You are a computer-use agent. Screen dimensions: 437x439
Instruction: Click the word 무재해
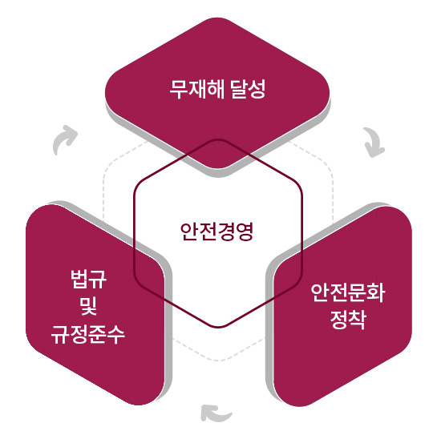(197, 89)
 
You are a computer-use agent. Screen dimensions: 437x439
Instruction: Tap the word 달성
(249, 89)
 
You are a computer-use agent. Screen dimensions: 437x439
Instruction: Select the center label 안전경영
(216, 232)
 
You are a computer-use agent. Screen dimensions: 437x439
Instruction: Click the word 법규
(88, 279)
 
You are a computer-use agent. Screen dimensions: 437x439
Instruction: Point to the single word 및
(88, 307)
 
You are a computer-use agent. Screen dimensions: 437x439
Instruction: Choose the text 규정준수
(87, 334)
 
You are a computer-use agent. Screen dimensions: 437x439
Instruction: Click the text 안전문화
(347, 292)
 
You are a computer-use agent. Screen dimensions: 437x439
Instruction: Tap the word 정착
(348, 320)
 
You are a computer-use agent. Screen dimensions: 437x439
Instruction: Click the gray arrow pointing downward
(374, 142)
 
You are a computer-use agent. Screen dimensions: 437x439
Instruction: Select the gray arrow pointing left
(215, 413)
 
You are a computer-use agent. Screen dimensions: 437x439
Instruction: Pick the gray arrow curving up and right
(65, 139)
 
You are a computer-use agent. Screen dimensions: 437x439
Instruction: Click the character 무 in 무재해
(179, 89)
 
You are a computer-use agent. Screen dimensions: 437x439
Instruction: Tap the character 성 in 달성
(257, 89)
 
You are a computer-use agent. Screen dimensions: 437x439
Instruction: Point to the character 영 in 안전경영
(244, 232)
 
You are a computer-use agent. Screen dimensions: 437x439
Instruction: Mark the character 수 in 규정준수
(116, 334)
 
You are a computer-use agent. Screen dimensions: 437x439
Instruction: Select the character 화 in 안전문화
(376, 292)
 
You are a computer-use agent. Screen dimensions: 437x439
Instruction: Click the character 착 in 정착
(357, 320)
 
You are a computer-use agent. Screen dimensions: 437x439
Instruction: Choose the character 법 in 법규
(79, 279)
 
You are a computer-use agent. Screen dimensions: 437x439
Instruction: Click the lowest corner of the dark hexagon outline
(218, 327)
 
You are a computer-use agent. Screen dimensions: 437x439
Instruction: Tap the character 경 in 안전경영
(225, 232)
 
